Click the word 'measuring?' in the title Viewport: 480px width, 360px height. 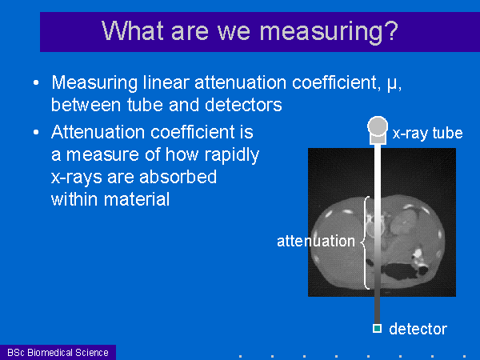(x=329, y=30)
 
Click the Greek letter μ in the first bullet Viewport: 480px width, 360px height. (x=392, y=84)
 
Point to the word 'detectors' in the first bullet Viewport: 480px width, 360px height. (x=243, y=105)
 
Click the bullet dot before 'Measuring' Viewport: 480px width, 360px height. (x=36, y=82)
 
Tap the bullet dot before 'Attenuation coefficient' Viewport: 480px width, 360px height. (x=36, y=132)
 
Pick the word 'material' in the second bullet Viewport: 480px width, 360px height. (x=137, y=199)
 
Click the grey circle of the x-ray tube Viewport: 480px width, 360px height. (x=378, y=126)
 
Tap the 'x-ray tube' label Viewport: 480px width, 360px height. (x=427, y=133)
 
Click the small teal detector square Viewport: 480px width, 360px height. (x=377, y=329)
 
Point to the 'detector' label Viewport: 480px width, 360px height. (x=418, y=329)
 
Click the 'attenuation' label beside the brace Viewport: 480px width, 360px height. (x=316, y=242)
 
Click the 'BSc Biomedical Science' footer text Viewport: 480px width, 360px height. (x=58, y=352)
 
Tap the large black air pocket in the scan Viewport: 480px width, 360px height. (x=397, y=272)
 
